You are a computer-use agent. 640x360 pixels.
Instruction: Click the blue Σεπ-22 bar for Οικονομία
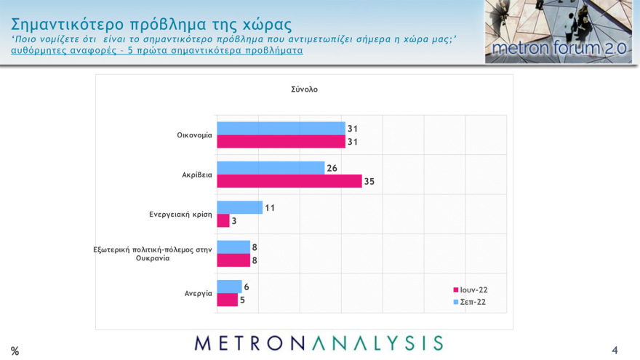(281, 128)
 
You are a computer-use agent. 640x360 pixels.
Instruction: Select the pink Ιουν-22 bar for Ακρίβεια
(289, 181)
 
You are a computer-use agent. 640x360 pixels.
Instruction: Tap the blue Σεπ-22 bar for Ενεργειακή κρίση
(239, 207)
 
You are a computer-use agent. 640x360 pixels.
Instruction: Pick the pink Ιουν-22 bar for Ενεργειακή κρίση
(223, 220)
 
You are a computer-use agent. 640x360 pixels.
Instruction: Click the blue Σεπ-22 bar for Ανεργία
(229, 287)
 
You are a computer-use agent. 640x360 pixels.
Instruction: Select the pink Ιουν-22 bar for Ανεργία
(227, 300)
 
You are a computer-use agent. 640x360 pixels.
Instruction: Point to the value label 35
(369, 181)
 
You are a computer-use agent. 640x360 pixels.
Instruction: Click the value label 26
(332, 168)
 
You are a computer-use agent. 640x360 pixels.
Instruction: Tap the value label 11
(269, 207)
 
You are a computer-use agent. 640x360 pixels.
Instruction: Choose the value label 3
(234, 220)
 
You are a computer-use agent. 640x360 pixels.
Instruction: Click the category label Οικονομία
(194, 135)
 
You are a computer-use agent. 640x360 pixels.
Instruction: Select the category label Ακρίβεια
(196, 175)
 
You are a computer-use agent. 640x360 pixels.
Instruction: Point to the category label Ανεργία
(198, 293)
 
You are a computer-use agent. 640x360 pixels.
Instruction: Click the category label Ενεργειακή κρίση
(180, 215)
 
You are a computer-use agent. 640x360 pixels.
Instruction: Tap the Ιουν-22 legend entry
(470, 289)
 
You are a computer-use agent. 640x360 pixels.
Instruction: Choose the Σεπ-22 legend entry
(469, 301)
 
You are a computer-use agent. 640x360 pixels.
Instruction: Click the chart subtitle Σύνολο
(304, 89)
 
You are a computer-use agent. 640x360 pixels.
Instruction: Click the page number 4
(615, 350)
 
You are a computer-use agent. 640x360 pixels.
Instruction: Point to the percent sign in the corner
(15, 351)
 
